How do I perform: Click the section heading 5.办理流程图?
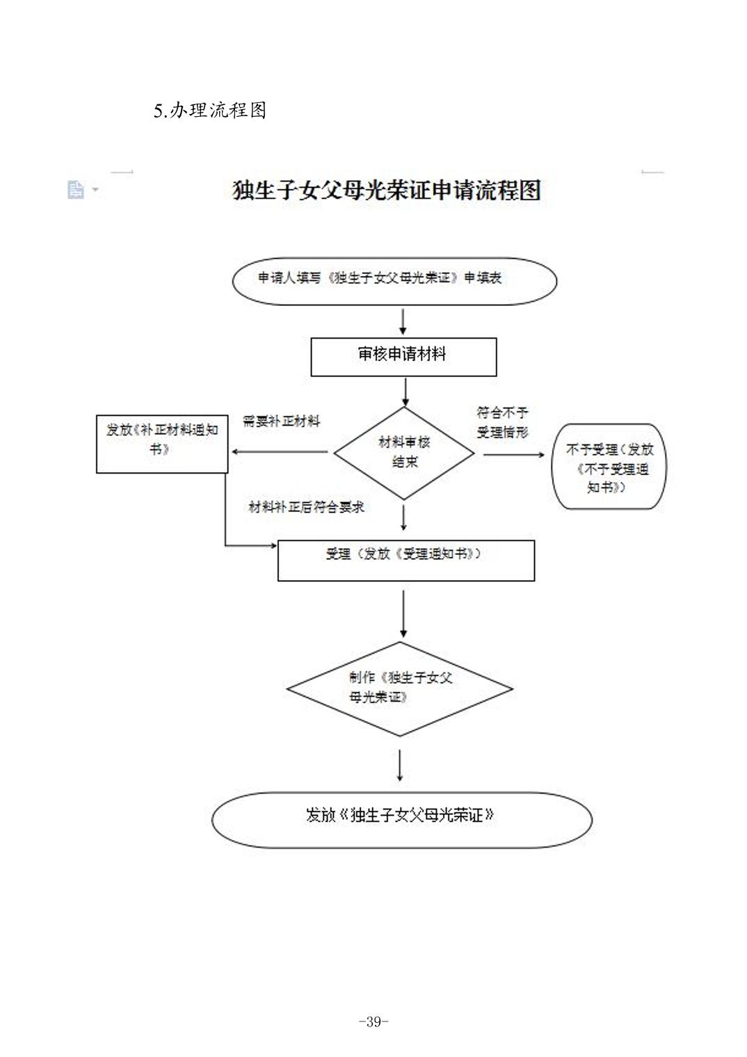pyautogui.click(x=210, y=111)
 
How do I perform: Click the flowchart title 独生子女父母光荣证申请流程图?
pyautogui.click(x=386, y=190)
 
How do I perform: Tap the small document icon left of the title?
pyautogui.click(x=76, y=189)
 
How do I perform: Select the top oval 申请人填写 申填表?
pyautogui.click(x=394, y=281)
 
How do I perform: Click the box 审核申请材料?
pyautogui.click(x=403, y=357)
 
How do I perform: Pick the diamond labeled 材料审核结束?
pyautogui.click(x=404, y=453)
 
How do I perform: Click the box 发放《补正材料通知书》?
pyautogui.click(x=162, y=444)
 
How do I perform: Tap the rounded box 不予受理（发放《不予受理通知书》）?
pyautogui.click(x=609, y=467)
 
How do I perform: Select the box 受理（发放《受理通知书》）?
pyautogui.click(x=406, y=560)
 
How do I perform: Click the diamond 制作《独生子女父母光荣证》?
pyautogui.click(x=400, y=688)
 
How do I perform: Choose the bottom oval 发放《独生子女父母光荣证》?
pyautogui.click(x=401, y=819)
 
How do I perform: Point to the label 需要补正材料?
pyautogui.click(x=282, y=421)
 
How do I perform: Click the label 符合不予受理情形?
pyautogui.click(x=502, y=422)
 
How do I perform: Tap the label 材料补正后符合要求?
pyautogui.click(x=307, y=507)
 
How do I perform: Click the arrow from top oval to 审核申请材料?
pyautogui.click(x=403, y=321)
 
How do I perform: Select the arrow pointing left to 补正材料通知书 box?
pyautogui.click(x=278, y=452)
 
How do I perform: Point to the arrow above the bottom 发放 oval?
pyautogui.click(x=400, y=765)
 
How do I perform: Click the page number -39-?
pyautogui.click(x=373, y=1022)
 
